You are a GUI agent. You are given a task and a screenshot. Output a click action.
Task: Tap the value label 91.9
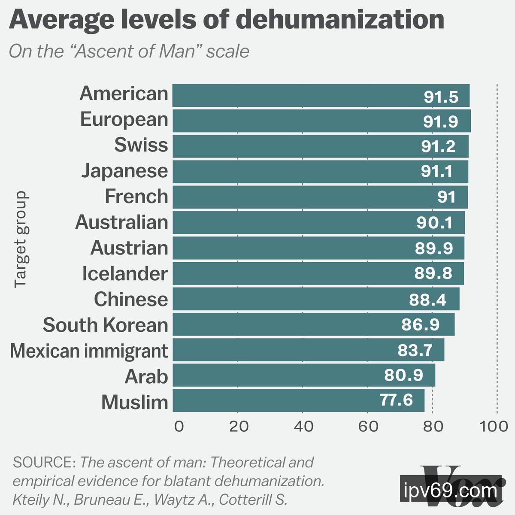pos(441,122)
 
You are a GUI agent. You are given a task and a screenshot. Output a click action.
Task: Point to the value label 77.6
pos(396,400)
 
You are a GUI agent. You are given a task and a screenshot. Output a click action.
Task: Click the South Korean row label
pos(105,325)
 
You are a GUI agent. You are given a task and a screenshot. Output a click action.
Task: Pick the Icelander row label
pos(124,273)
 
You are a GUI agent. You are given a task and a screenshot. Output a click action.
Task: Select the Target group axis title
pos(21,239)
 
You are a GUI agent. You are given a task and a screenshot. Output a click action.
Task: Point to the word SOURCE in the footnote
pos(45,463)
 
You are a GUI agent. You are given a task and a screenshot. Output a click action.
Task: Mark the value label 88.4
pos(427,300)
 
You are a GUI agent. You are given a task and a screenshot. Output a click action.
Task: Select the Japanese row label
pos(124,170)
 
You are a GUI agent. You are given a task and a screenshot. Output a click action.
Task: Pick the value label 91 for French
pos(446,197)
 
